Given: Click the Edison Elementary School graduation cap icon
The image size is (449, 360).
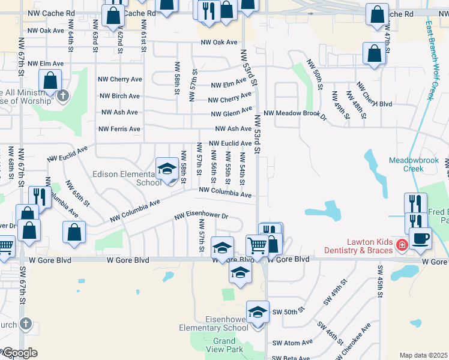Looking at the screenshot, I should [x=167, y=169].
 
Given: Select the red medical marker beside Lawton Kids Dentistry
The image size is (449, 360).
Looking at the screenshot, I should [x=402, y=244].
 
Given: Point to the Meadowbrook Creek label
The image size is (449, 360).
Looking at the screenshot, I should [x=414, y=164].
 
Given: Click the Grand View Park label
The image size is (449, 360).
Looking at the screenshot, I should [x=224, y=345].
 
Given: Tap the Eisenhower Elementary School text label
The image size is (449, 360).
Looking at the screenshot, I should [x=214, y=324].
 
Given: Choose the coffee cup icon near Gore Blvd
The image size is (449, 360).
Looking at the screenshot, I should [x=420, y=238].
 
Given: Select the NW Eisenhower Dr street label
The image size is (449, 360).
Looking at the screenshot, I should [x=202, y=217].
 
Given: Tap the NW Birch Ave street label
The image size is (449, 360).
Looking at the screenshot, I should [x=119, y=96].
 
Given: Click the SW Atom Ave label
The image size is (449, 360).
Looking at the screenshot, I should [x=292, y=343].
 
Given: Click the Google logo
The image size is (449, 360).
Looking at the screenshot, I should [x=20, y=353].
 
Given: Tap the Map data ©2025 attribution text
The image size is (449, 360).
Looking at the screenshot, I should [x=423, y=355].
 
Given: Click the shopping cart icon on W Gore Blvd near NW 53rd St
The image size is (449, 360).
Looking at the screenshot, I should [x=257, y=244].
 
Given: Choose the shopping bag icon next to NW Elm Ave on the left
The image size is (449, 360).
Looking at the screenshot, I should [x=50, y=80].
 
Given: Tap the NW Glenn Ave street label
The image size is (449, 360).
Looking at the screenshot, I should [x=231, y=112].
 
